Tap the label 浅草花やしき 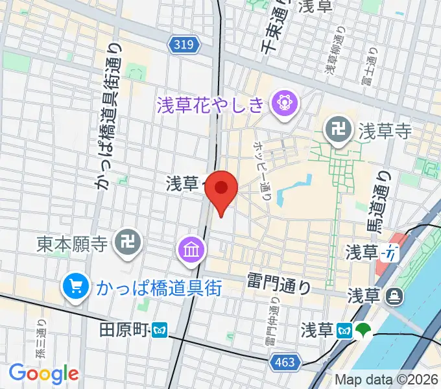coord(211,103)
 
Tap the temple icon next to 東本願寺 coord(124,244)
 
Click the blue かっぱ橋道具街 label coord(160,287)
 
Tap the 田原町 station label coord(125,329)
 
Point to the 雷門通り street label coord(280,282)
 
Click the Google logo coord(43,373)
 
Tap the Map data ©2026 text coord(385,379)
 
